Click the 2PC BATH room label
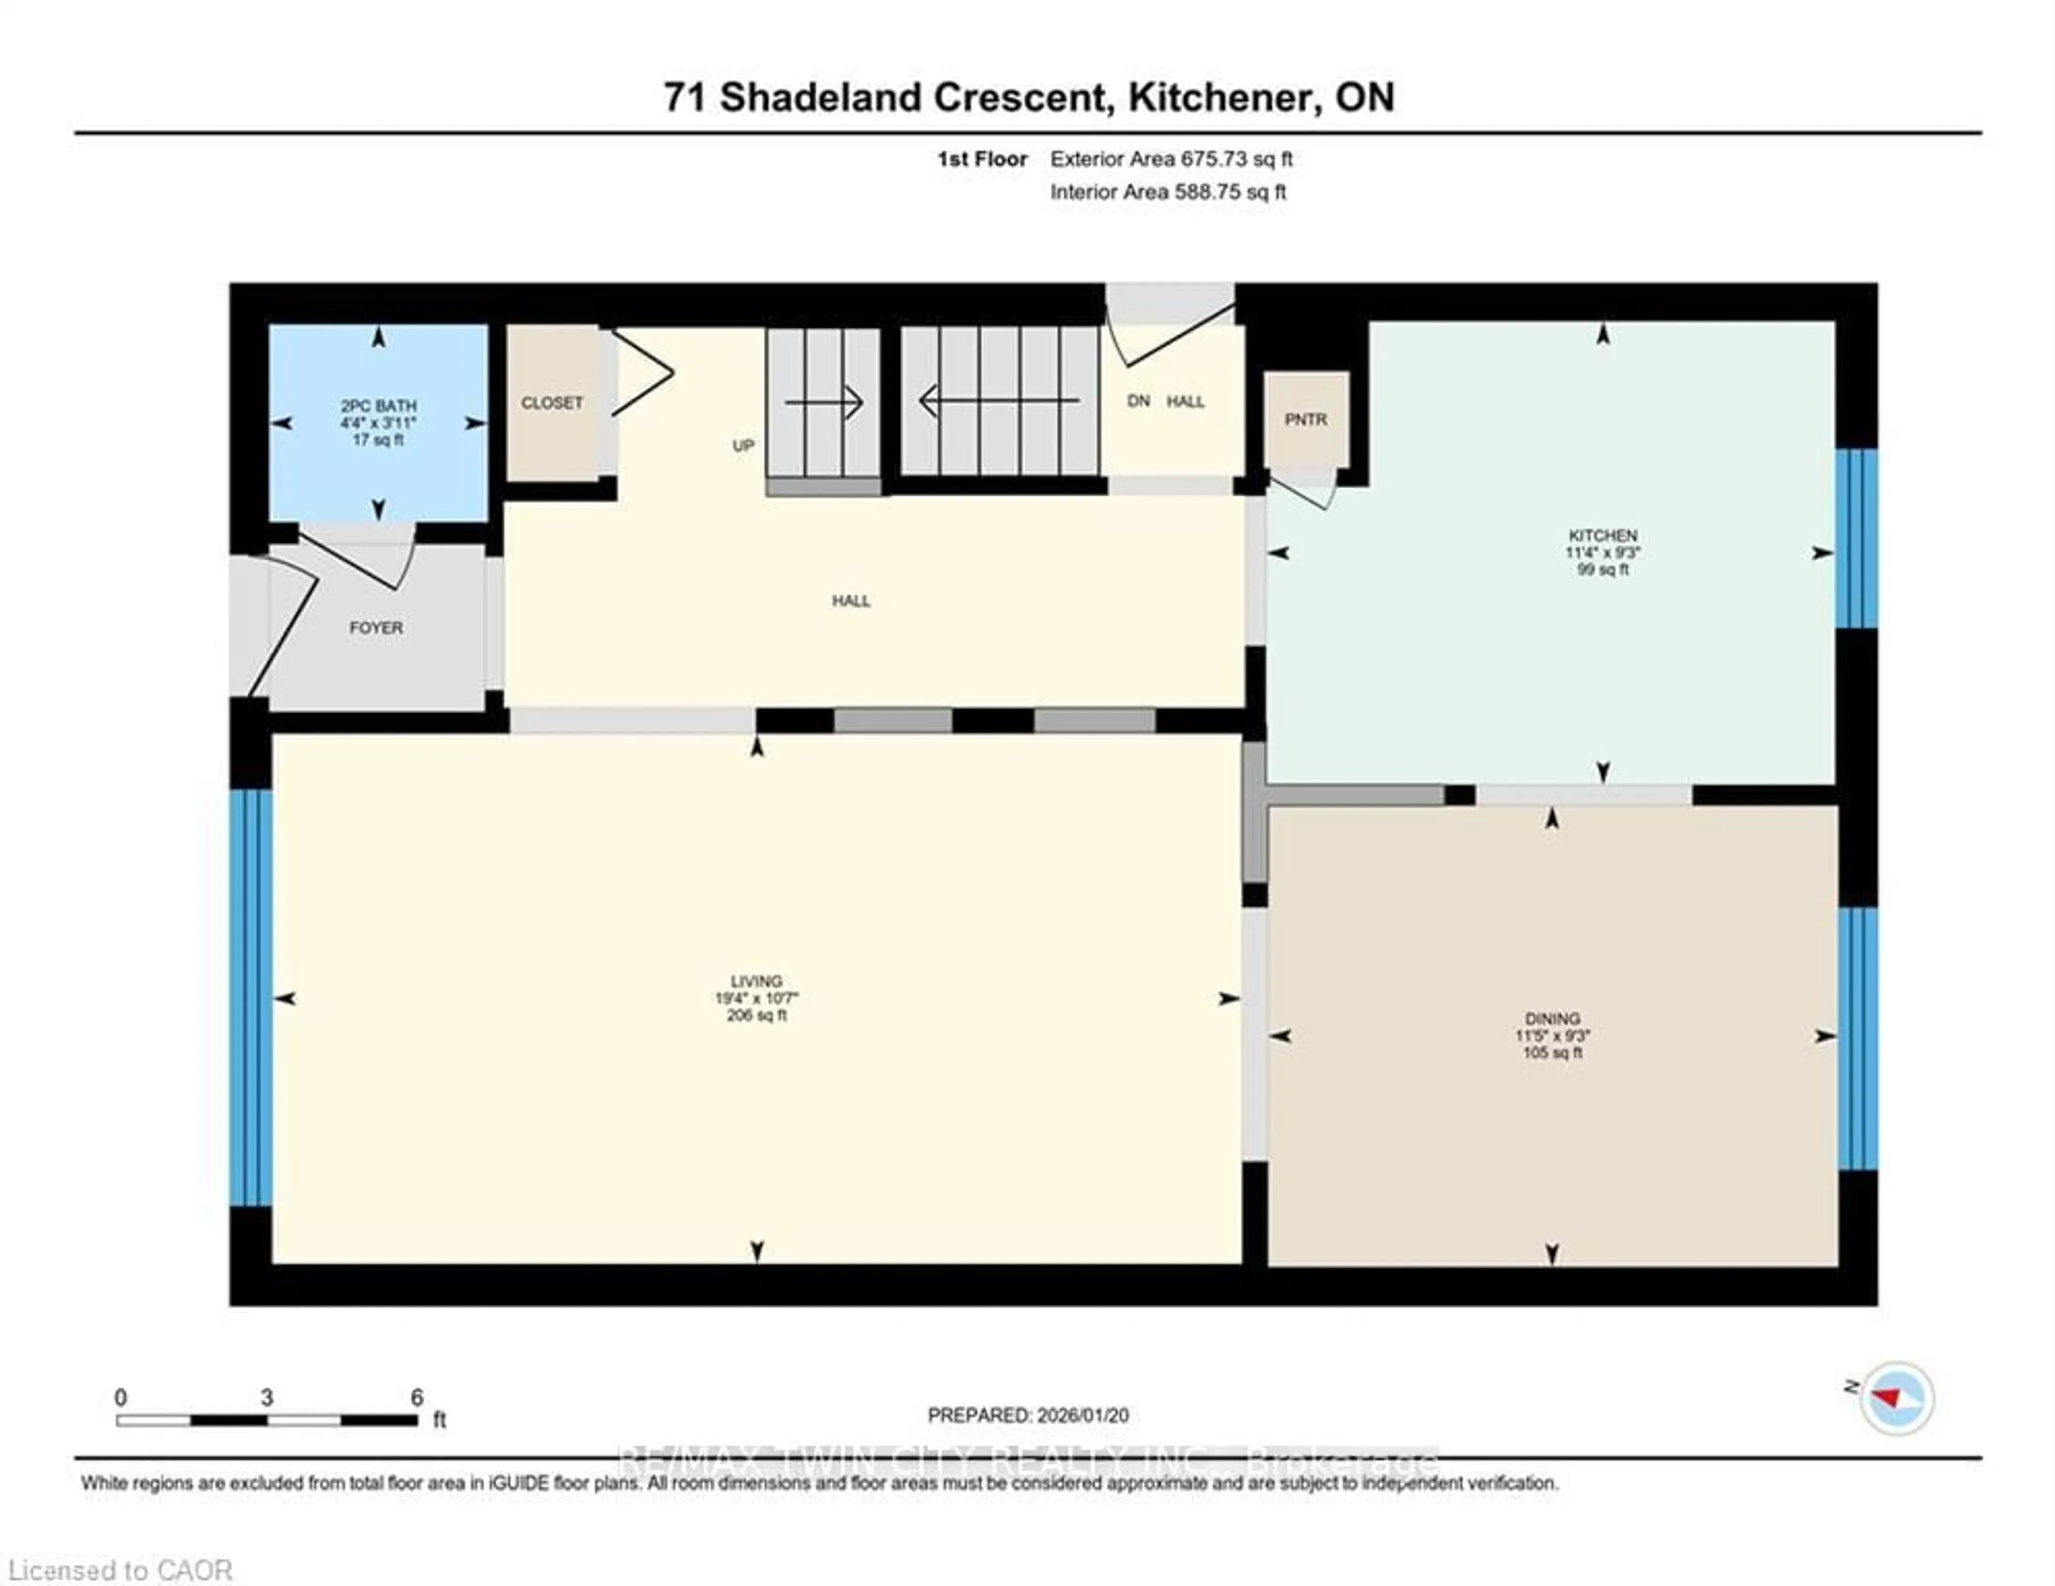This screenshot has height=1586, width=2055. coord(378,406)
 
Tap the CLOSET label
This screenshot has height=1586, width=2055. coord(552,402)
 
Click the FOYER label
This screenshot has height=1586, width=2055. coord(376,628)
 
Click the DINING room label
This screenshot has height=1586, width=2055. coord(1552,1019)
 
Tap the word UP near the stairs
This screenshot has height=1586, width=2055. coord(743,446)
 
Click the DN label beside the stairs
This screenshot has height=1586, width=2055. coord(1138,401)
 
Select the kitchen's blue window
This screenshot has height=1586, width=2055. coord(1855,538)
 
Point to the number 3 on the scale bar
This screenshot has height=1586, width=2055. coord(267,1398)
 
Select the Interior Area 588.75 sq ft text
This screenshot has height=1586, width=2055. coord(1168,192)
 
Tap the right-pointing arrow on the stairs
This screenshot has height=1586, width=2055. coord(824,402)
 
